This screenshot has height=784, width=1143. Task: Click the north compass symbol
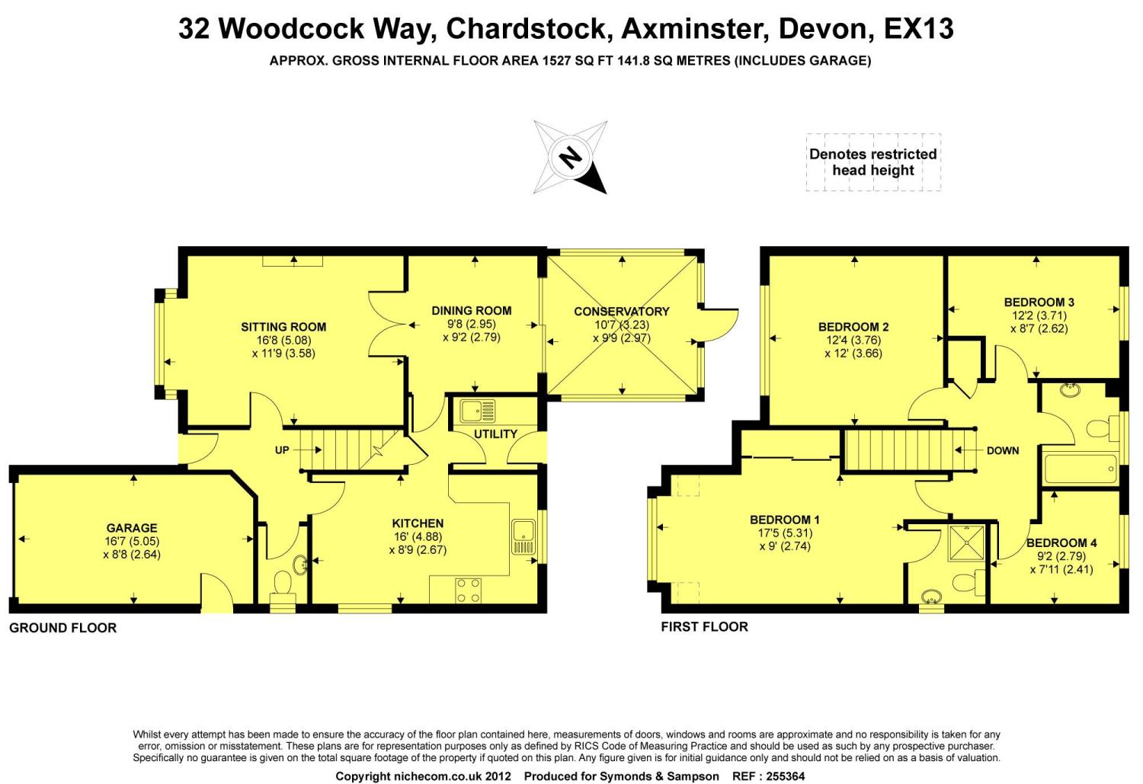point(571,157)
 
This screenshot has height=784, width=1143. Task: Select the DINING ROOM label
point(472,310)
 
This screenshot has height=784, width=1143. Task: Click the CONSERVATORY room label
point(621,312)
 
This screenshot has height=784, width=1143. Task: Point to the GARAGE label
point(132,528)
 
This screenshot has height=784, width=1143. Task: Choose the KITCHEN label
point(418,523)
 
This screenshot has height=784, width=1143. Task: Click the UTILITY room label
point(495,434)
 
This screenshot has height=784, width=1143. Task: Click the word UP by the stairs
point(282,450)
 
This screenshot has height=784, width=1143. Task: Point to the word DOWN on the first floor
point(1002,450)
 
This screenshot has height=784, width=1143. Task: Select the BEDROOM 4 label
point(1061,543)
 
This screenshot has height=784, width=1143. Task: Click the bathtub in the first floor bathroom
point(1080,469)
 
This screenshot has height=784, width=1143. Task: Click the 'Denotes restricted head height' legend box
point(873,162)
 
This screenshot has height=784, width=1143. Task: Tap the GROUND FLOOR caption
point(62,629)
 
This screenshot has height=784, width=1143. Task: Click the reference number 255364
point(779,776)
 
